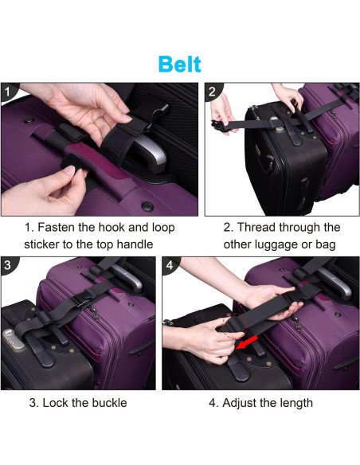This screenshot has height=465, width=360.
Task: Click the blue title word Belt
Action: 180,64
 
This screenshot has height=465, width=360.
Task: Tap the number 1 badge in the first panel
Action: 8,91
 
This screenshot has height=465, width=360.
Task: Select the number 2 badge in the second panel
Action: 212,92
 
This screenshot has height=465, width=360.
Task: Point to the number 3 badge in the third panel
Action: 8,265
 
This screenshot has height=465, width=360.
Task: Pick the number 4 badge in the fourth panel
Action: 170,265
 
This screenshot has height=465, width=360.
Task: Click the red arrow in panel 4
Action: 248,342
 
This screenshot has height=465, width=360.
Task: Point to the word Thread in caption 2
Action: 256,228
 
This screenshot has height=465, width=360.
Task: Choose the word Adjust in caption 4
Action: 239,404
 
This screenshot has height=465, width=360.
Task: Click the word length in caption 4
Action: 294,404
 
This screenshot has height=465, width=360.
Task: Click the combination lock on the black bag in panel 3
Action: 13,340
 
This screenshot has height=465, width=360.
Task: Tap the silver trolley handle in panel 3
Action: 128,277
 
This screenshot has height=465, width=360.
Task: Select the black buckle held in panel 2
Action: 220,127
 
